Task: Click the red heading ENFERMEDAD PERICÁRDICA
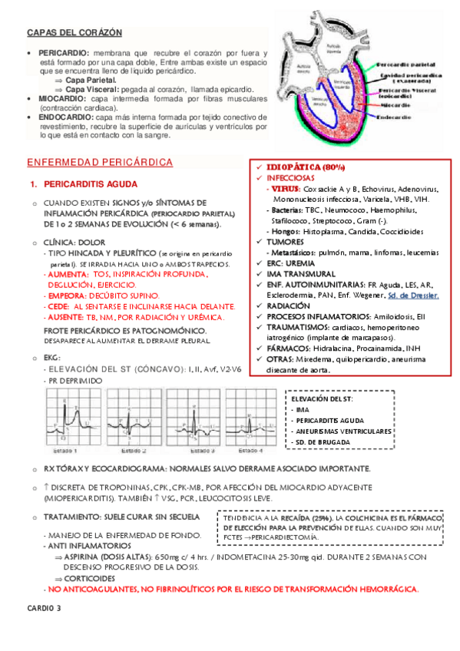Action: point(100,164)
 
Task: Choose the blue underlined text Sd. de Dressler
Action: point(414,296)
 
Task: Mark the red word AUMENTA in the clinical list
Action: point(67,273)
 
